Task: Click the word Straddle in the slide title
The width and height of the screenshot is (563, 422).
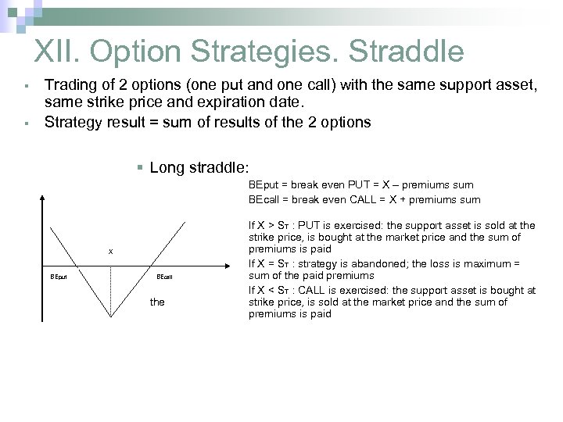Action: point(406,52)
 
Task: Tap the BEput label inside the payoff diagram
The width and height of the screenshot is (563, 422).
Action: point(59,277)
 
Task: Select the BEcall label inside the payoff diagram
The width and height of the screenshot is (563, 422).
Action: point(164,277)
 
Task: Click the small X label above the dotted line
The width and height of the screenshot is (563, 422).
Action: point(110,252)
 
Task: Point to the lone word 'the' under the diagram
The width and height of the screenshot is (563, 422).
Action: point(157,302)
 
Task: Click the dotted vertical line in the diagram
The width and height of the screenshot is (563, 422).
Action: point(111,289)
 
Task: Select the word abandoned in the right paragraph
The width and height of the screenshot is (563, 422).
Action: point(372,264)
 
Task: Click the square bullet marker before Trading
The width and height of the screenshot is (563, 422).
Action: point(26,84)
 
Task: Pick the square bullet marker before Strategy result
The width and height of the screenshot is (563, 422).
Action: point(26,122)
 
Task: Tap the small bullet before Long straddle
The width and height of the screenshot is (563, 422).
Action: point(139,167)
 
